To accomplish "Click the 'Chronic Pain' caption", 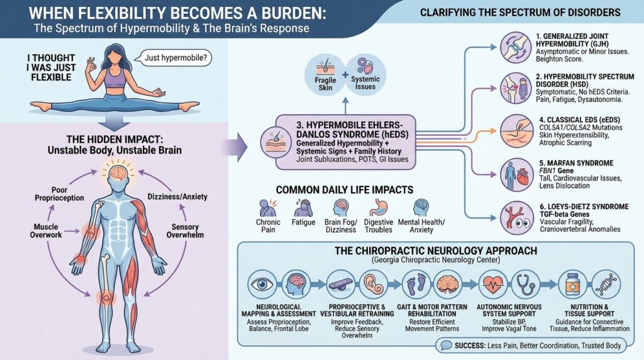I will click(x=269, y=227).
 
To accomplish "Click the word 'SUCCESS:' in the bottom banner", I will click(x=472, y=346).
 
